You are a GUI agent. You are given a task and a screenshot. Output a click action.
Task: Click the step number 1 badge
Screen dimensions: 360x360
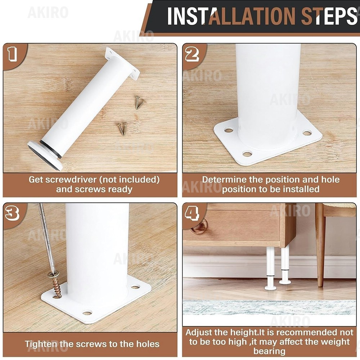click(12, 54)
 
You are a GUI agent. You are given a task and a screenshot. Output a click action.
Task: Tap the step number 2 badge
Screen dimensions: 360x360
click(192, 54)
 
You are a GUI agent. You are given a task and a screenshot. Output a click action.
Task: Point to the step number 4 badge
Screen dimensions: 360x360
click(192, 213)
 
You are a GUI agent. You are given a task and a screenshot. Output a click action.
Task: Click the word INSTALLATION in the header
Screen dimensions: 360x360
click(231, 16)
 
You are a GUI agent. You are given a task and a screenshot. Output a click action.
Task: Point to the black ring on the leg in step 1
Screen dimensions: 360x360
click(50, 149)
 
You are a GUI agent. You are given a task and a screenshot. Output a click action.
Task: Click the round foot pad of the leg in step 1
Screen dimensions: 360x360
click(45, 156)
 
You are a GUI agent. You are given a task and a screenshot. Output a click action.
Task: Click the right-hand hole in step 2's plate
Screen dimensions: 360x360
click(307, 133)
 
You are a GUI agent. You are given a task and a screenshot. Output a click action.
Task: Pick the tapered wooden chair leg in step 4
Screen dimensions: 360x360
click(320, 245)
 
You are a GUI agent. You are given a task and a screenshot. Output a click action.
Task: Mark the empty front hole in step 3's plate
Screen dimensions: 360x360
click(87, 312)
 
